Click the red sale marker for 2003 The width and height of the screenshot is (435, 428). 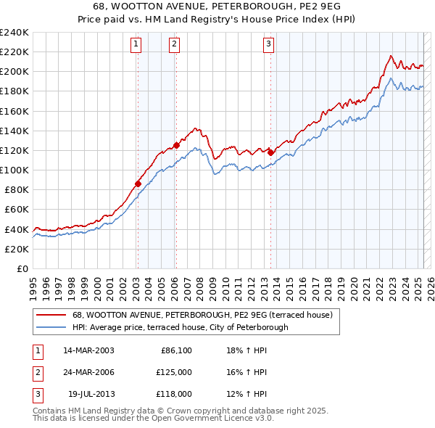(138, 184)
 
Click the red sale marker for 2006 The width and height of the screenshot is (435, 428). (176, 145)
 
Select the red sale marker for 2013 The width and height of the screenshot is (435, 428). (270, 152)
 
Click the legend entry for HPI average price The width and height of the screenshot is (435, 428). (180, 327)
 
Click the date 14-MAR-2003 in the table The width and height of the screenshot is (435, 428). (88, 350)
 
